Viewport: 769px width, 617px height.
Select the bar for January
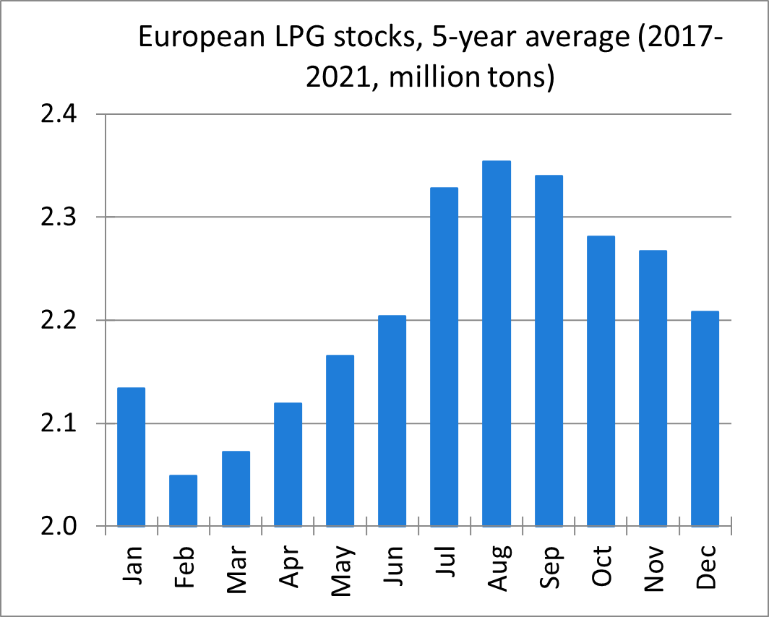click(x=131, y=457)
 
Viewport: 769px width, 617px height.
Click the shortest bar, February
click(x=183, y=500)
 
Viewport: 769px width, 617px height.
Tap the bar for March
click(x=236, y=488)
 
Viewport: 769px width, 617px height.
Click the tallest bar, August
click(x=497, y=343)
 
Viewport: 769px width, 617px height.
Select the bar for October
click(x=601, y=381)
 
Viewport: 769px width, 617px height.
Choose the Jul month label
click(x=444, y=566)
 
